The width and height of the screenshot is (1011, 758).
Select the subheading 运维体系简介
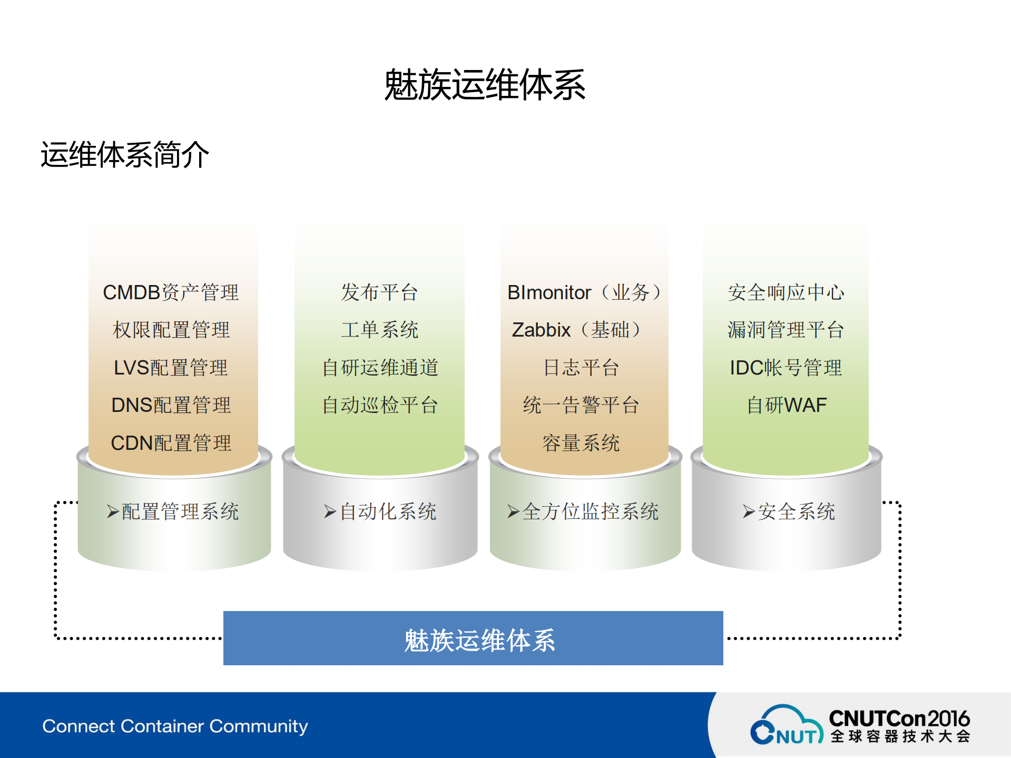tap(125, 155)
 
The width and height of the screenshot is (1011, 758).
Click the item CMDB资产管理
tap(171, 292)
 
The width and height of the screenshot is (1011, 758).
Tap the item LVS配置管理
tap(171, 368)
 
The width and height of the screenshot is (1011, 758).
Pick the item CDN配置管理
tap(171, 443)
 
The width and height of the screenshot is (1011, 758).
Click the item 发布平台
tap(379, 292)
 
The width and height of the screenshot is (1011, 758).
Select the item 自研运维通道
tap(380, 368)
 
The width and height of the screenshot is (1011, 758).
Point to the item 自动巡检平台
tap(380, 405)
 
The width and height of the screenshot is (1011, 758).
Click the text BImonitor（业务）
tap(584, 292)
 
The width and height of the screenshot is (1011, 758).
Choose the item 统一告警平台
tap(581, 405)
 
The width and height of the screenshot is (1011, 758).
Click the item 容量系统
tap(581, 443)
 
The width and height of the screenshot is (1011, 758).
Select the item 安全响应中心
tap(786, 292)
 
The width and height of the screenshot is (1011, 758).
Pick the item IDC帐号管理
tap(786, 368)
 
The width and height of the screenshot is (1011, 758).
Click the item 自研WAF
tap(787, 405)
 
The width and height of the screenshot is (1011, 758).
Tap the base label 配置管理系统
tap(180, 511)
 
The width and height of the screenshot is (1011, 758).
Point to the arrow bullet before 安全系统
tap(749, 511)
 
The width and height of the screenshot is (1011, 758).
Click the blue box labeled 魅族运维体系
tap(473, 638)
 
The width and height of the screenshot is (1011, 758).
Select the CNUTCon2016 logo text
tap(899, 718)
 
